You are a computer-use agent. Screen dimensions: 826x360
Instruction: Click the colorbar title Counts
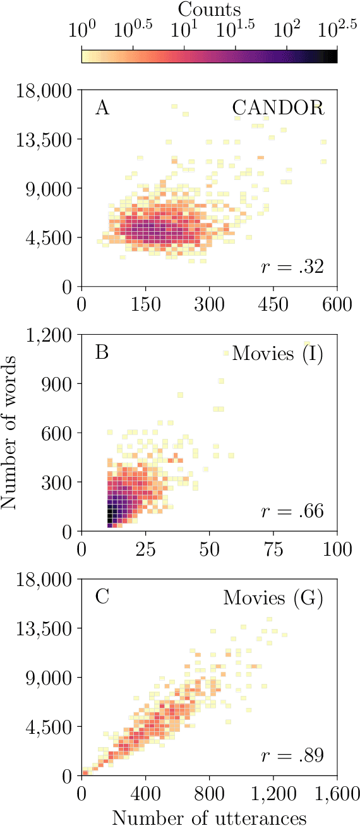tap(209, 9)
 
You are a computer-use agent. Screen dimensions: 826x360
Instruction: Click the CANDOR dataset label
tap(277, 109)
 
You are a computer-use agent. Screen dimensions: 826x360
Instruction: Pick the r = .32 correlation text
tap(292, 267)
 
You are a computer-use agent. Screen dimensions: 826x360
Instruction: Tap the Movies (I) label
tap(277, 354)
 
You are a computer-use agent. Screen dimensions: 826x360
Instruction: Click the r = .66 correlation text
tap(292, 512)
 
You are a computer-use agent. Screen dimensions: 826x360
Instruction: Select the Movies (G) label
tap(273, 598)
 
